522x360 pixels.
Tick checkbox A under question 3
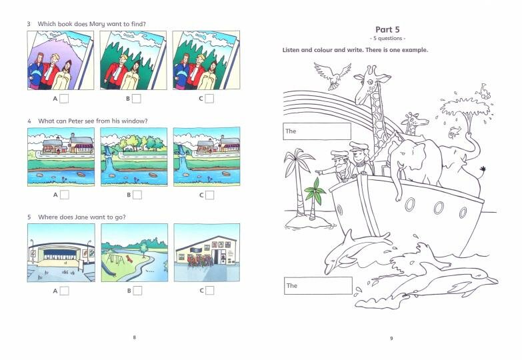pyautogui.click(x=64, y=99)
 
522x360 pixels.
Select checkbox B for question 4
pyautogui.click(x=137, y=195)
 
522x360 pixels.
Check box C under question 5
pyautogui.click(x=210, y=291)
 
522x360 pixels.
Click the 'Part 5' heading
pyautogui.click(x=387, y=29)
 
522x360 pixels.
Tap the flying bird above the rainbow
pyautogui.click(x=333, y=76)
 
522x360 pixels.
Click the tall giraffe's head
pyautogui.click(x=371, y=80)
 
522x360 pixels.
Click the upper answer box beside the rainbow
pyautogui.click(x=317, y=131)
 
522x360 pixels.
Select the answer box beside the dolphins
pyautogui.click(x=318, y=286)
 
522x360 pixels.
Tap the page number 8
pyautogui.click(x=135, y=337)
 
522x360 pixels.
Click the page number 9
pyautogui.click(x=391, y=339)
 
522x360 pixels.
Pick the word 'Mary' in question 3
pyautogui.click(x=97, y=24)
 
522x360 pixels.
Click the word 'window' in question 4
pyautogui.click(x=133, y=121)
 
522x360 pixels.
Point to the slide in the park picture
pyautogui.click(x=109, y=267)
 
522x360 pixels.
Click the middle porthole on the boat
pyautogui.click(x=439, y=208)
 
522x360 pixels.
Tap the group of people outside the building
pyautogui.click(x=201, y=261)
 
